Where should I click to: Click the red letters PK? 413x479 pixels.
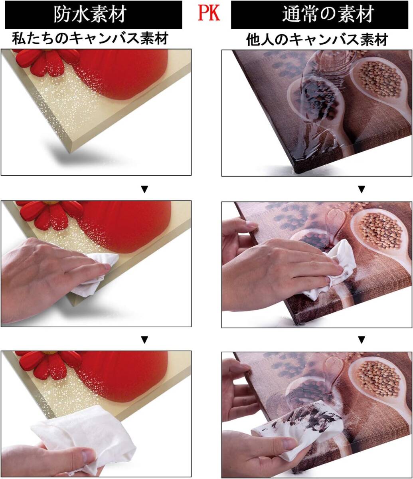(209, 14)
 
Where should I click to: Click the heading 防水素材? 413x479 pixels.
(90, 14)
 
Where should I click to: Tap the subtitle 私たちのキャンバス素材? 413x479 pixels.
(90, 38)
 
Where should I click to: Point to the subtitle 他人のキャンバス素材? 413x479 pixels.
(317, 40)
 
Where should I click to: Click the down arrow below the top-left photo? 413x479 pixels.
(144, 189)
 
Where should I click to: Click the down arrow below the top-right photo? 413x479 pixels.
(362, 189)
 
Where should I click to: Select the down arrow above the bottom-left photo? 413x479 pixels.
(144, 340)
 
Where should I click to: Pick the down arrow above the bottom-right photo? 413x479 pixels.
(362, 340)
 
